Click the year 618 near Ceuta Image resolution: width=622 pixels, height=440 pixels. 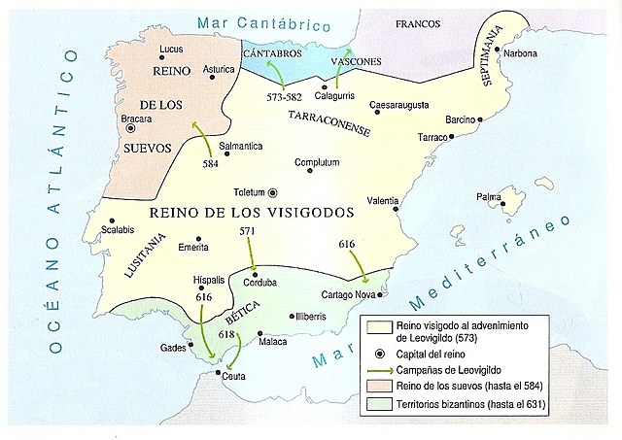click(x=227, y=335)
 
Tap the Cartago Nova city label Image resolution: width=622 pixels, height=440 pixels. click(x=351, y=295)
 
